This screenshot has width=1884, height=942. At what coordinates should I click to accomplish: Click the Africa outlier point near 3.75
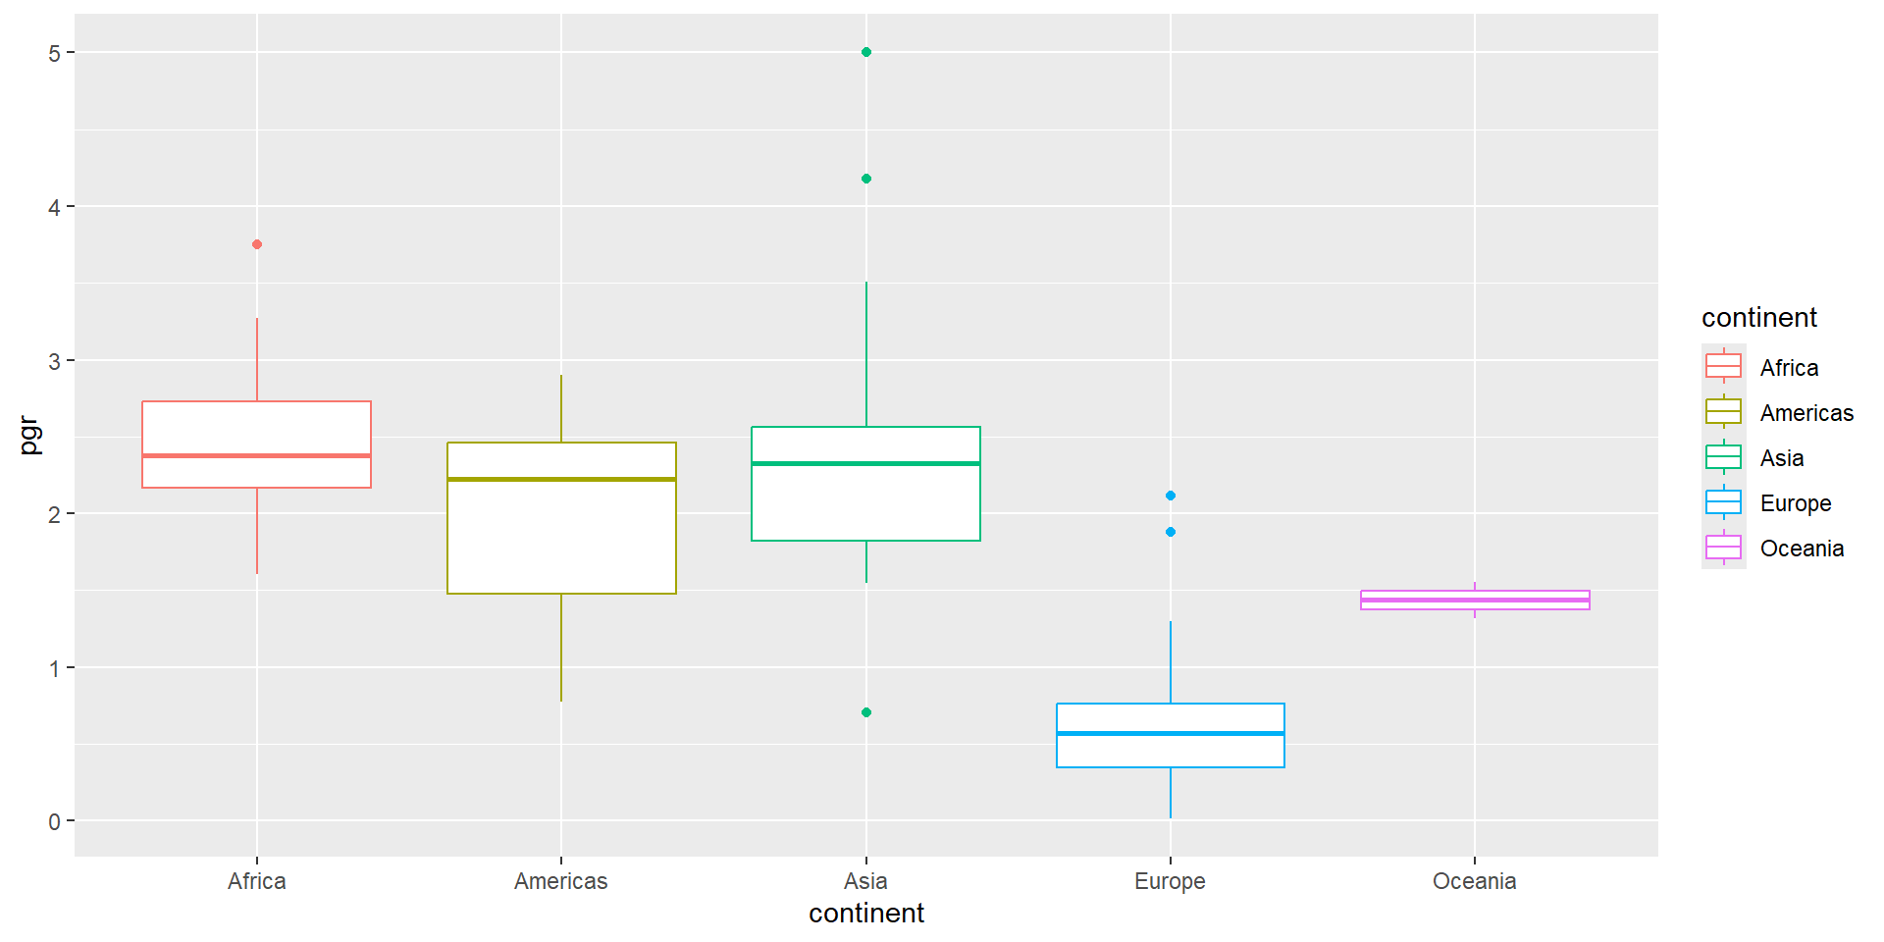point(257,244)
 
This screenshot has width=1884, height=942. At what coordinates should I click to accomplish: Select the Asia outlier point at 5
point(866,52)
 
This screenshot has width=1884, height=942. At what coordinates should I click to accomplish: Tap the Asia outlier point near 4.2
point(866,179)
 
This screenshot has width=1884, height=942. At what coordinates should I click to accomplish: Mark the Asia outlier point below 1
point(866,712)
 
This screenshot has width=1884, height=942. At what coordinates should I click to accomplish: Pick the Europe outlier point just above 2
point(1171,496)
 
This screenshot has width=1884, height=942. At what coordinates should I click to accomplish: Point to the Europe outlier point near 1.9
point(1171,532)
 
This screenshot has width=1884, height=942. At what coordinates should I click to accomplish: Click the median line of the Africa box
point(257,455)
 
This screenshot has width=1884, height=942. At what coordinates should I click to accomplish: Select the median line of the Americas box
point(561,479)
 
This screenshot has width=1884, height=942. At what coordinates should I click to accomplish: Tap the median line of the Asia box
point(866,463)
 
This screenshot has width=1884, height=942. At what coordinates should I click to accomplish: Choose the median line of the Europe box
point(1171,733)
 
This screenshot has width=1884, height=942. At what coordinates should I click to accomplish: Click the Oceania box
point(1475,600)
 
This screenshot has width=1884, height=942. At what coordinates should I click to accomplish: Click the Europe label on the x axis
point(1170,881)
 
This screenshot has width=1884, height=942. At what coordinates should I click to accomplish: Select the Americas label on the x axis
point(561,881)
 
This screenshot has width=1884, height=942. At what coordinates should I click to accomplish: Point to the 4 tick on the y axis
point(55,207)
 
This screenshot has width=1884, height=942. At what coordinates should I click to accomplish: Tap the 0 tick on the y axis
point(55,821)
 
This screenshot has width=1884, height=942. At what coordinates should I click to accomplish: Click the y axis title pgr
point(29,436)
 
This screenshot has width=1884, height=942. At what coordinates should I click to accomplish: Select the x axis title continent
point(866,914)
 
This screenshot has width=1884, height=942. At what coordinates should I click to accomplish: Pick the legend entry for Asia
point(1781,458)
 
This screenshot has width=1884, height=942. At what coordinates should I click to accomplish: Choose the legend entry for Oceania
point(1802,549)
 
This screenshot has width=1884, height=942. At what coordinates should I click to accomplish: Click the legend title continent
point(1758,318)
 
